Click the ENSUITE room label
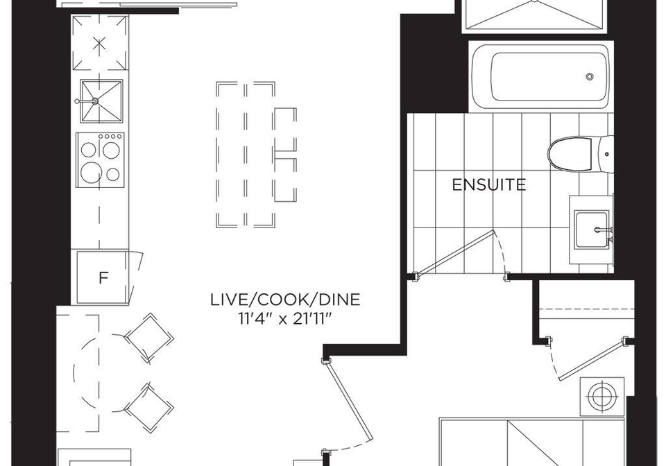click(489, 185)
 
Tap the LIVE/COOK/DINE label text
click(285, 300)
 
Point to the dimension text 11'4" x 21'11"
click(285, 319)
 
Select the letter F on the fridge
click(103, 278)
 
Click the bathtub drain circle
click(590, 77)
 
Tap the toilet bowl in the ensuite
click(568, 155)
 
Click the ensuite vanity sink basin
click(592, 230)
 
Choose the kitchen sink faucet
click(87, 101)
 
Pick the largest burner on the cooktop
click(92, 172)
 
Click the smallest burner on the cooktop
click(113, 174)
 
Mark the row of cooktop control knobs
click(110, 136)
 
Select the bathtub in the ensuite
click(541, 76)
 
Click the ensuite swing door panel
click(454, 253)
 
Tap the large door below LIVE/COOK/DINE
click(349, 404)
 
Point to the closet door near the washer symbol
click(593, 359)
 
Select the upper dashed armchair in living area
click(148, 338)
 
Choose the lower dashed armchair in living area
click(148, 408)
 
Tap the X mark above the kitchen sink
click(99, 43)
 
